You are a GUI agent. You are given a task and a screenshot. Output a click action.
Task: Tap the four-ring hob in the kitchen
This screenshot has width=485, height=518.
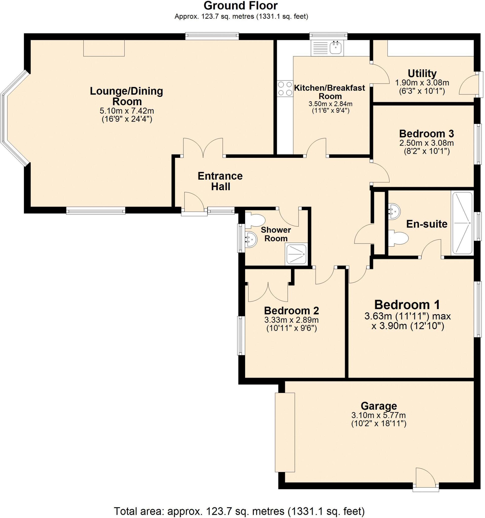click(285, 89)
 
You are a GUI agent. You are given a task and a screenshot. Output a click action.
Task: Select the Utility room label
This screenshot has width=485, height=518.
click(422, 74)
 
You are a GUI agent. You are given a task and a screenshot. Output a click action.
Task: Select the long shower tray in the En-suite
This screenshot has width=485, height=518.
click(462, 223)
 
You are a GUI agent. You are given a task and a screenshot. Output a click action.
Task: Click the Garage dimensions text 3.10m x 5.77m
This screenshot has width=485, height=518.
click(378, 415)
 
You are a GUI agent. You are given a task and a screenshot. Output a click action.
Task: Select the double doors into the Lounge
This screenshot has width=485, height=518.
click(203, 148)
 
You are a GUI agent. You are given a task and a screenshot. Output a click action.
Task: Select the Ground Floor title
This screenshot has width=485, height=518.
click(241, 6)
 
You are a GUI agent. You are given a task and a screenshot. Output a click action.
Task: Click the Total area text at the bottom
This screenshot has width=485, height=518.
click(239, 511)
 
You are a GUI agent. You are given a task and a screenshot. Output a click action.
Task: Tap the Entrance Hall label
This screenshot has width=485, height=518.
click(220, 181)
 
